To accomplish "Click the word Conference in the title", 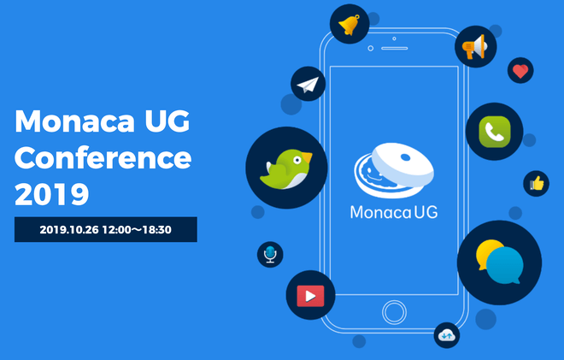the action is [103, 157].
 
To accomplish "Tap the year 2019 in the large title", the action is [52, 194].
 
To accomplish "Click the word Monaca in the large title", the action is [74, 121].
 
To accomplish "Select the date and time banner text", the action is [105, 230].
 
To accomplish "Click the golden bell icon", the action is [350, 25].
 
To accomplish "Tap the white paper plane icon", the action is [308, 85].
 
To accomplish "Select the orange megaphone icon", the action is [474, 47].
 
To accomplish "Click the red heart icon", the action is [520, 71].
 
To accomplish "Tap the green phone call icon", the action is [495, 132].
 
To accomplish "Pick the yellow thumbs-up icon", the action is [537, 184].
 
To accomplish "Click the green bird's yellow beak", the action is [307, 157].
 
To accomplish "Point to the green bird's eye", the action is [297, 160].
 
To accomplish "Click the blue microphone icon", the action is [270, 254].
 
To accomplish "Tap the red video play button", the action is [310, 296].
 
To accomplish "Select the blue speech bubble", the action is [505, 265].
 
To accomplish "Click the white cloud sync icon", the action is [447, 335].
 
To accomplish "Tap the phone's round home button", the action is [394, 312].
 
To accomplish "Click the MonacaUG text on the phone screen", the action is [394, 212].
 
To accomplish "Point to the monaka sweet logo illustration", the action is [394, 170].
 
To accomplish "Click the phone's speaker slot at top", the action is [395, 48].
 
